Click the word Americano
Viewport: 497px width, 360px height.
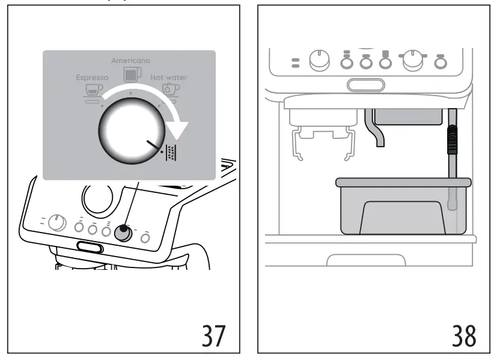pos(130,61)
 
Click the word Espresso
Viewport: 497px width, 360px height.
pos(92,78)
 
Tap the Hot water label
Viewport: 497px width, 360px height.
pos(169,78)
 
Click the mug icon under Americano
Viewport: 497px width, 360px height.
pos(130,73)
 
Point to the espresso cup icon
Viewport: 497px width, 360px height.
pos(93,90)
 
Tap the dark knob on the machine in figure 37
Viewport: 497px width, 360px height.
pos(123,232)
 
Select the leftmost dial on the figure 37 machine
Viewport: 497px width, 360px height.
pos(56,223)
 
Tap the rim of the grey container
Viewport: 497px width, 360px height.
pos(403,181)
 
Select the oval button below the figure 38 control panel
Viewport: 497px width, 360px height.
pos(365,85)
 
